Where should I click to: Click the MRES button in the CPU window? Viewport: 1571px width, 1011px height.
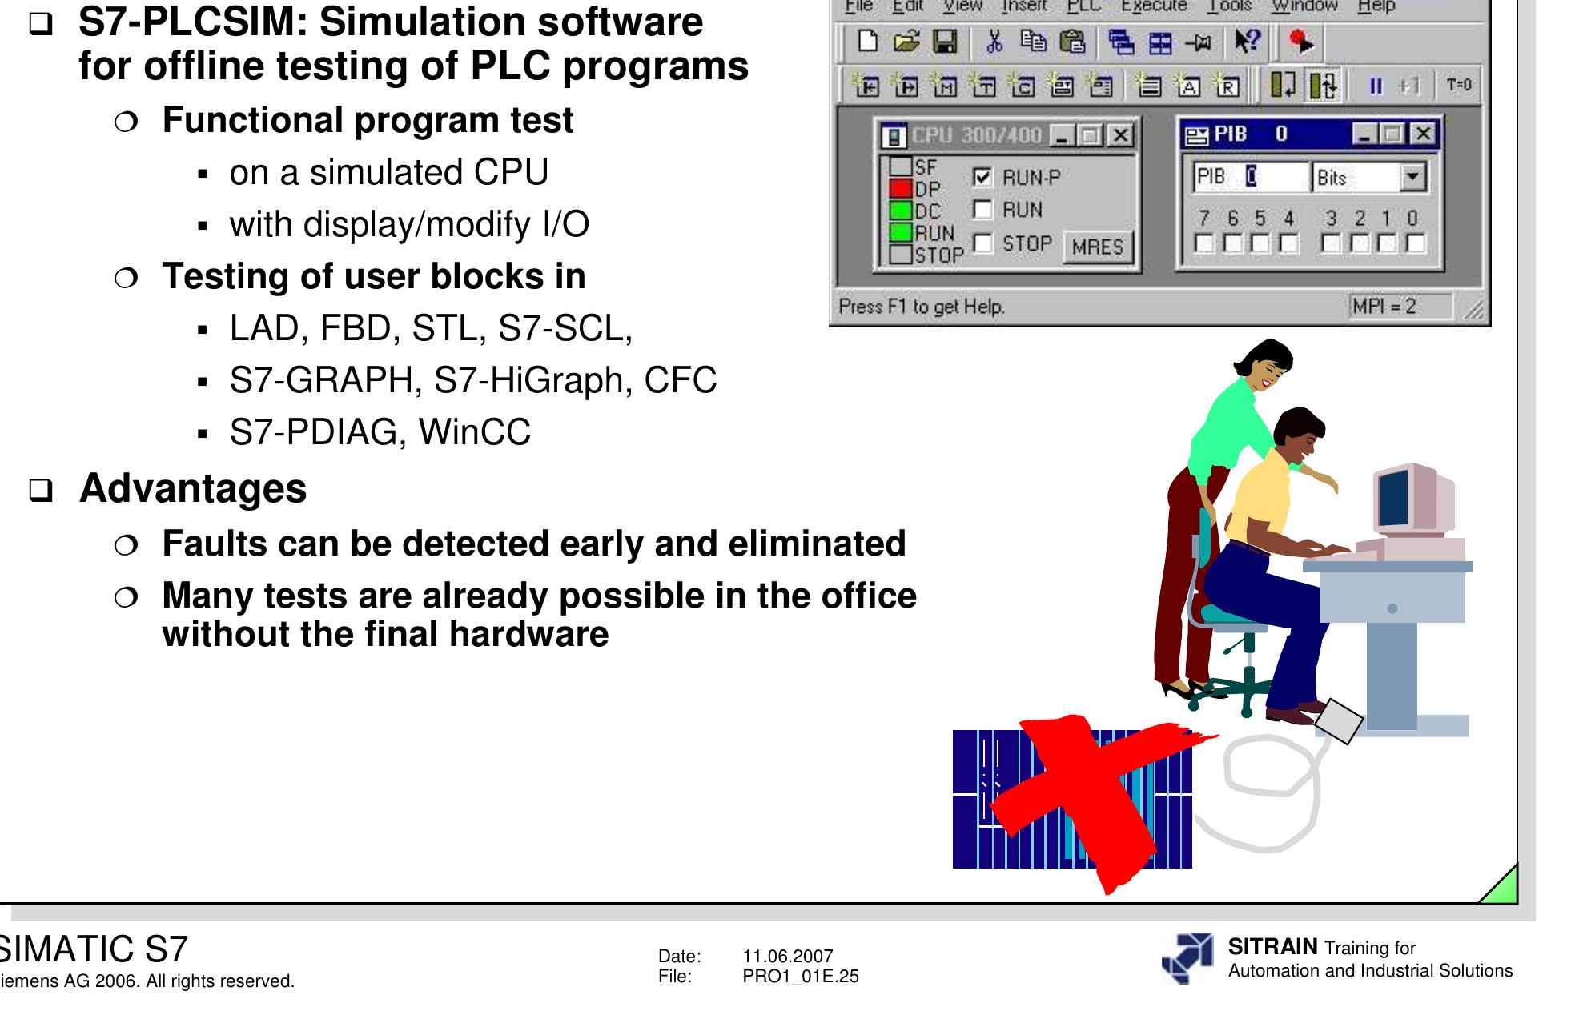(1098, 247)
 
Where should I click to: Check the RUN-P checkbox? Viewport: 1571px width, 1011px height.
(982, 177)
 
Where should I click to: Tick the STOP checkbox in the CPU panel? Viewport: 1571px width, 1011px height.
(982, 243)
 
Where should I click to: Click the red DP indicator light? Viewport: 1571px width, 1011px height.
(902, 189)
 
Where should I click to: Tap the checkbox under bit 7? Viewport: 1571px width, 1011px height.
(1203, 243)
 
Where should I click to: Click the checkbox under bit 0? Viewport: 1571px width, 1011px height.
(1415, 243)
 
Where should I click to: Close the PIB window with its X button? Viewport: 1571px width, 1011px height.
(1422, 134)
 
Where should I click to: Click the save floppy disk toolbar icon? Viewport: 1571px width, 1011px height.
(945, 42)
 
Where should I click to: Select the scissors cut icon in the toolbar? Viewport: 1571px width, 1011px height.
(994, 42)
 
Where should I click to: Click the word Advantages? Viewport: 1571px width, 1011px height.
(193, 488)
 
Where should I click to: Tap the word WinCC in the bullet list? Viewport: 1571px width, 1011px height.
(475, 432)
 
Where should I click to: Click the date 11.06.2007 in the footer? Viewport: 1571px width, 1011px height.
(788, 956)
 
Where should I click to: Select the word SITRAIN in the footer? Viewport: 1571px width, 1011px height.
(1272, 947)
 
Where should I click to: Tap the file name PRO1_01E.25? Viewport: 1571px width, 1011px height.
(801, 976)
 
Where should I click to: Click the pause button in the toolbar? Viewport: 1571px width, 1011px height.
(1376, 86)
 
